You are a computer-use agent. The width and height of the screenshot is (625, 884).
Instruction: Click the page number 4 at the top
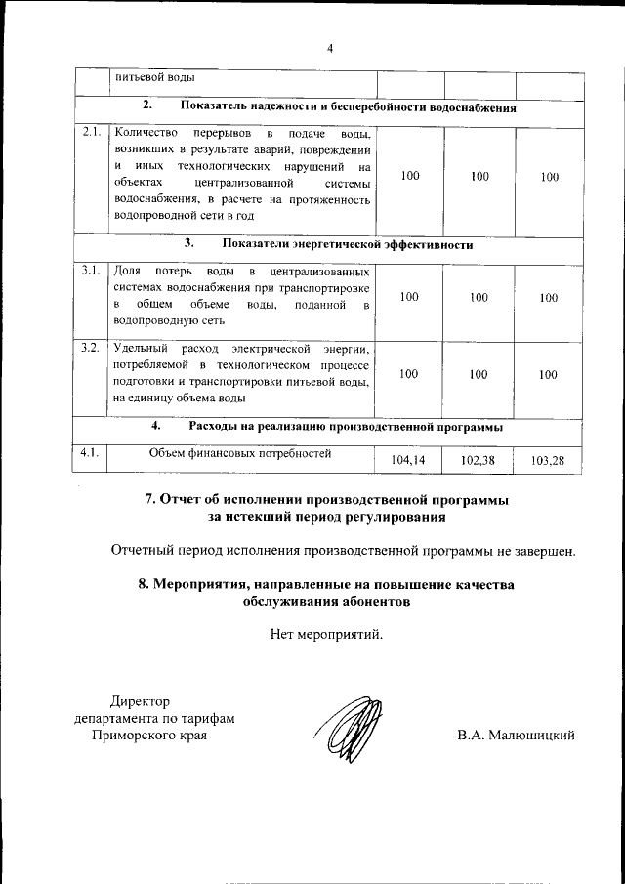click(x=330, y=49)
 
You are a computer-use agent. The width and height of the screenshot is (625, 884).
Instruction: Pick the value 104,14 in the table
click(x=409, y=458)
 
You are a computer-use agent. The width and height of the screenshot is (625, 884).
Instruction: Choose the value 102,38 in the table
click(x=479, y=458)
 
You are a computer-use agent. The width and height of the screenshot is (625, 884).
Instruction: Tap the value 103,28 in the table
click(x=549, y=458)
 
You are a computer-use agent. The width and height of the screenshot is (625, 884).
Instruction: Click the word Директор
click(x=140, y=700)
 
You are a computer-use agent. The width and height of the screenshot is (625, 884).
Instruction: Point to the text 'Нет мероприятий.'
click(x=327, y=634)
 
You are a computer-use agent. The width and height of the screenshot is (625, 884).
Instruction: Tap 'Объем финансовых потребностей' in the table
click(x=240, y=452)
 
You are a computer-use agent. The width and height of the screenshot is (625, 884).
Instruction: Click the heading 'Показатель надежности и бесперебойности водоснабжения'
click(x=348, y=107)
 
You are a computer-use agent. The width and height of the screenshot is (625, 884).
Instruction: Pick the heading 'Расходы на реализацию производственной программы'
click(x=346, y=427)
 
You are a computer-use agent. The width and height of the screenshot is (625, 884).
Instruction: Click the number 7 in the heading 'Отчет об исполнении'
click(x=149, y=498)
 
